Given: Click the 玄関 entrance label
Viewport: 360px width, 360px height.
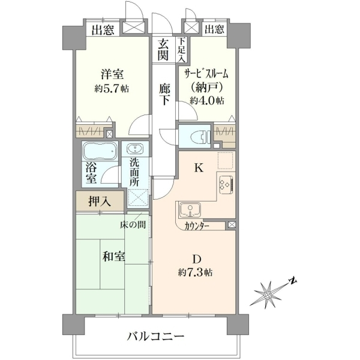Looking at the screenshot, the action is (x=163, y=49).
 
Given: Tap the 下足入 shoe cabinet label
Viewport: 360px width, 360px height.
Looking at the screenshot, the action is (x=182, y=50).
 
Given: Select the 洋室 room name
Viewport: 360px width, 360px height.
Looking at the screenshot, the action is (x=112, y=74).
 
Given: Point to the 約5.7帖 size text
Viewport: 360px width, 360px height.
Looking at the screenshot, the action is (x=112, y=88).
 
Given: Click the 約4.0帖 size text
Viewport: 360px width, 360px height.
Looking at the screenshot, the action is (x=207, y=100).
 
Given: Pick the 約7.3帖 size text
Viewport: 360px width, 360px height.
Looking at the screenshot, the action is (x=196, y=272).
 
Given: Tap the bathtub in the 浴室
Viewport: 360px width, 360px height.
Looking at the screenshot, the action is (x=100, y=151).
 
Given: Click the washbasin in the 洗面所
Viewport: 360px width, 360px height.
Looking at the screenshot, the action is (x=135, y=149).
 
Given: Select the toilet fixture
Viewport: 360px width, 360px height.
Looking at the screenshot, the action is (x=200, y=137).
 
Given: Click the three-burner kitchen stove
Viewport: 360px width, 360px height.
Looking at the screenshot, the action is (x=226, y=185).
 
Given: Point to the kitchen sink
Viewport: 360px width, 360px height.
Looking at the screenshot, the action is (x=190, y=209).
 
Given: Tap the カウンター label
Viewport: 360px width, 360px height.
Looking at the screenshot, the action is (x=197, y=226).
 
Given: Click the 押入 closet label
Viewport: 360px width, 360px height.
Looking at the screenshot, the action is (x=100, y=202).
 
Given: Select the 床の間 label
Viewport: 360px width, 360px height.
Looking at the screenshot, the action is (x=133, y=225).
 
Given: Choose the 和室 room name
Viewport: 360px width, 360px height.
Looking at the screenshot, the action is (x=113, y=256).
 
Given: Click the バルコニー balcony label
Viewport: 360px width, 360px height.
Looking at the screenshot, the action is (x=156, y=337).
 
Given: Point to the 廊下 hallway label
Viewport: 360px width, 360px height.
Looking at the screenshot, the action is (x=164, y=94).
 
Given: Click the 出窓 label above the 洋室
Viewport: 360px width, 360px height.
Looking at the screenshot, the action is (x=103, y=29).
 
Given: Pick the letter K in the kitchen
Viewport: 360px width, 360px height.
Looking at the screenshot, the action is (x=199, y=168).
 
